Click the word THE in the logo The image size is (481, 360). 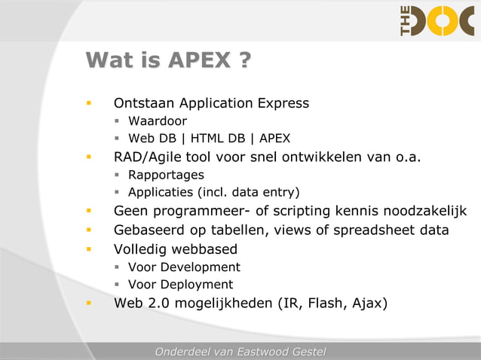(406, 20)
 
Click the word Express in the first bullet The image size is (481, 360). (283, 103)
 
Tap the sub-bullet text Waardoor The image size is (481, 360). (158, 121)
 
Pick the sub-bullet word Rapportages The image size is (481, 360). (166, 175)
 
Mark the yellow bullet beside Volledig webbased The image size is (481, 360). (89, 249)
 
